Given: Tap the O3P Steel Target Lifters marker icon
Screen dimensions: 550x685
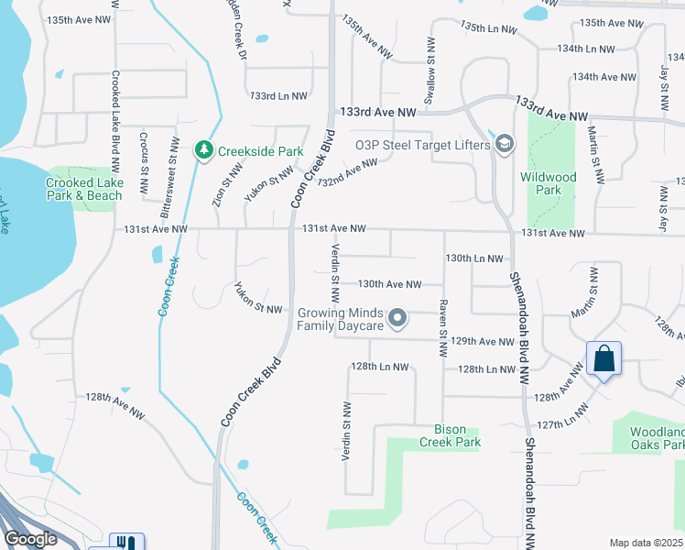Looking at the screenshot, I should pyautogui.click(x=505, y=144).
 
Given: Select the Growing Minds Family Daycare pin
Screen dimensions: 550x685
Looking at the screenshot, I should pyautogui.click(x=397, y=319).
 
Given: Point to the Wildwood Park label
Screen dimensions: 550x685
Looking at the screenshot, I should pyautogui.click(x=548, y=183).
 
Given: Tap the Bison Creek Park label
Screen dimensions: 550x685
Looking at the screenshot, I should pyautogui.click(x=450, y=435).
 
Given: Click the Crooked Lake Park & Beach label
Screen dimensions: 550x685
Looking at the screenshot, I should pyautogui.click(x=83, y=189).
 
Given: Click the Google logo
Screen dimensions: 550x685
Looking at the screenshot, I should pyautogui.click(x=30, y=539).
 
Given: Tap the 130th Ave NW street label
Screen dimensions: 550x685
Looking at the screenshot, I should pyautogui.click(x=389, y=285).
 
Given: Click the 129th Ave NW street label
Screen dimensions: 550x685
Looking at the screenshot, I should pyautogui.click(x=484, y=341).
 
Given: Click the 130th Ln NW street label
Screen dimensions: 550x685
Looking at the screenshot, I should pyautogui.click(x=473, y=259).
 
